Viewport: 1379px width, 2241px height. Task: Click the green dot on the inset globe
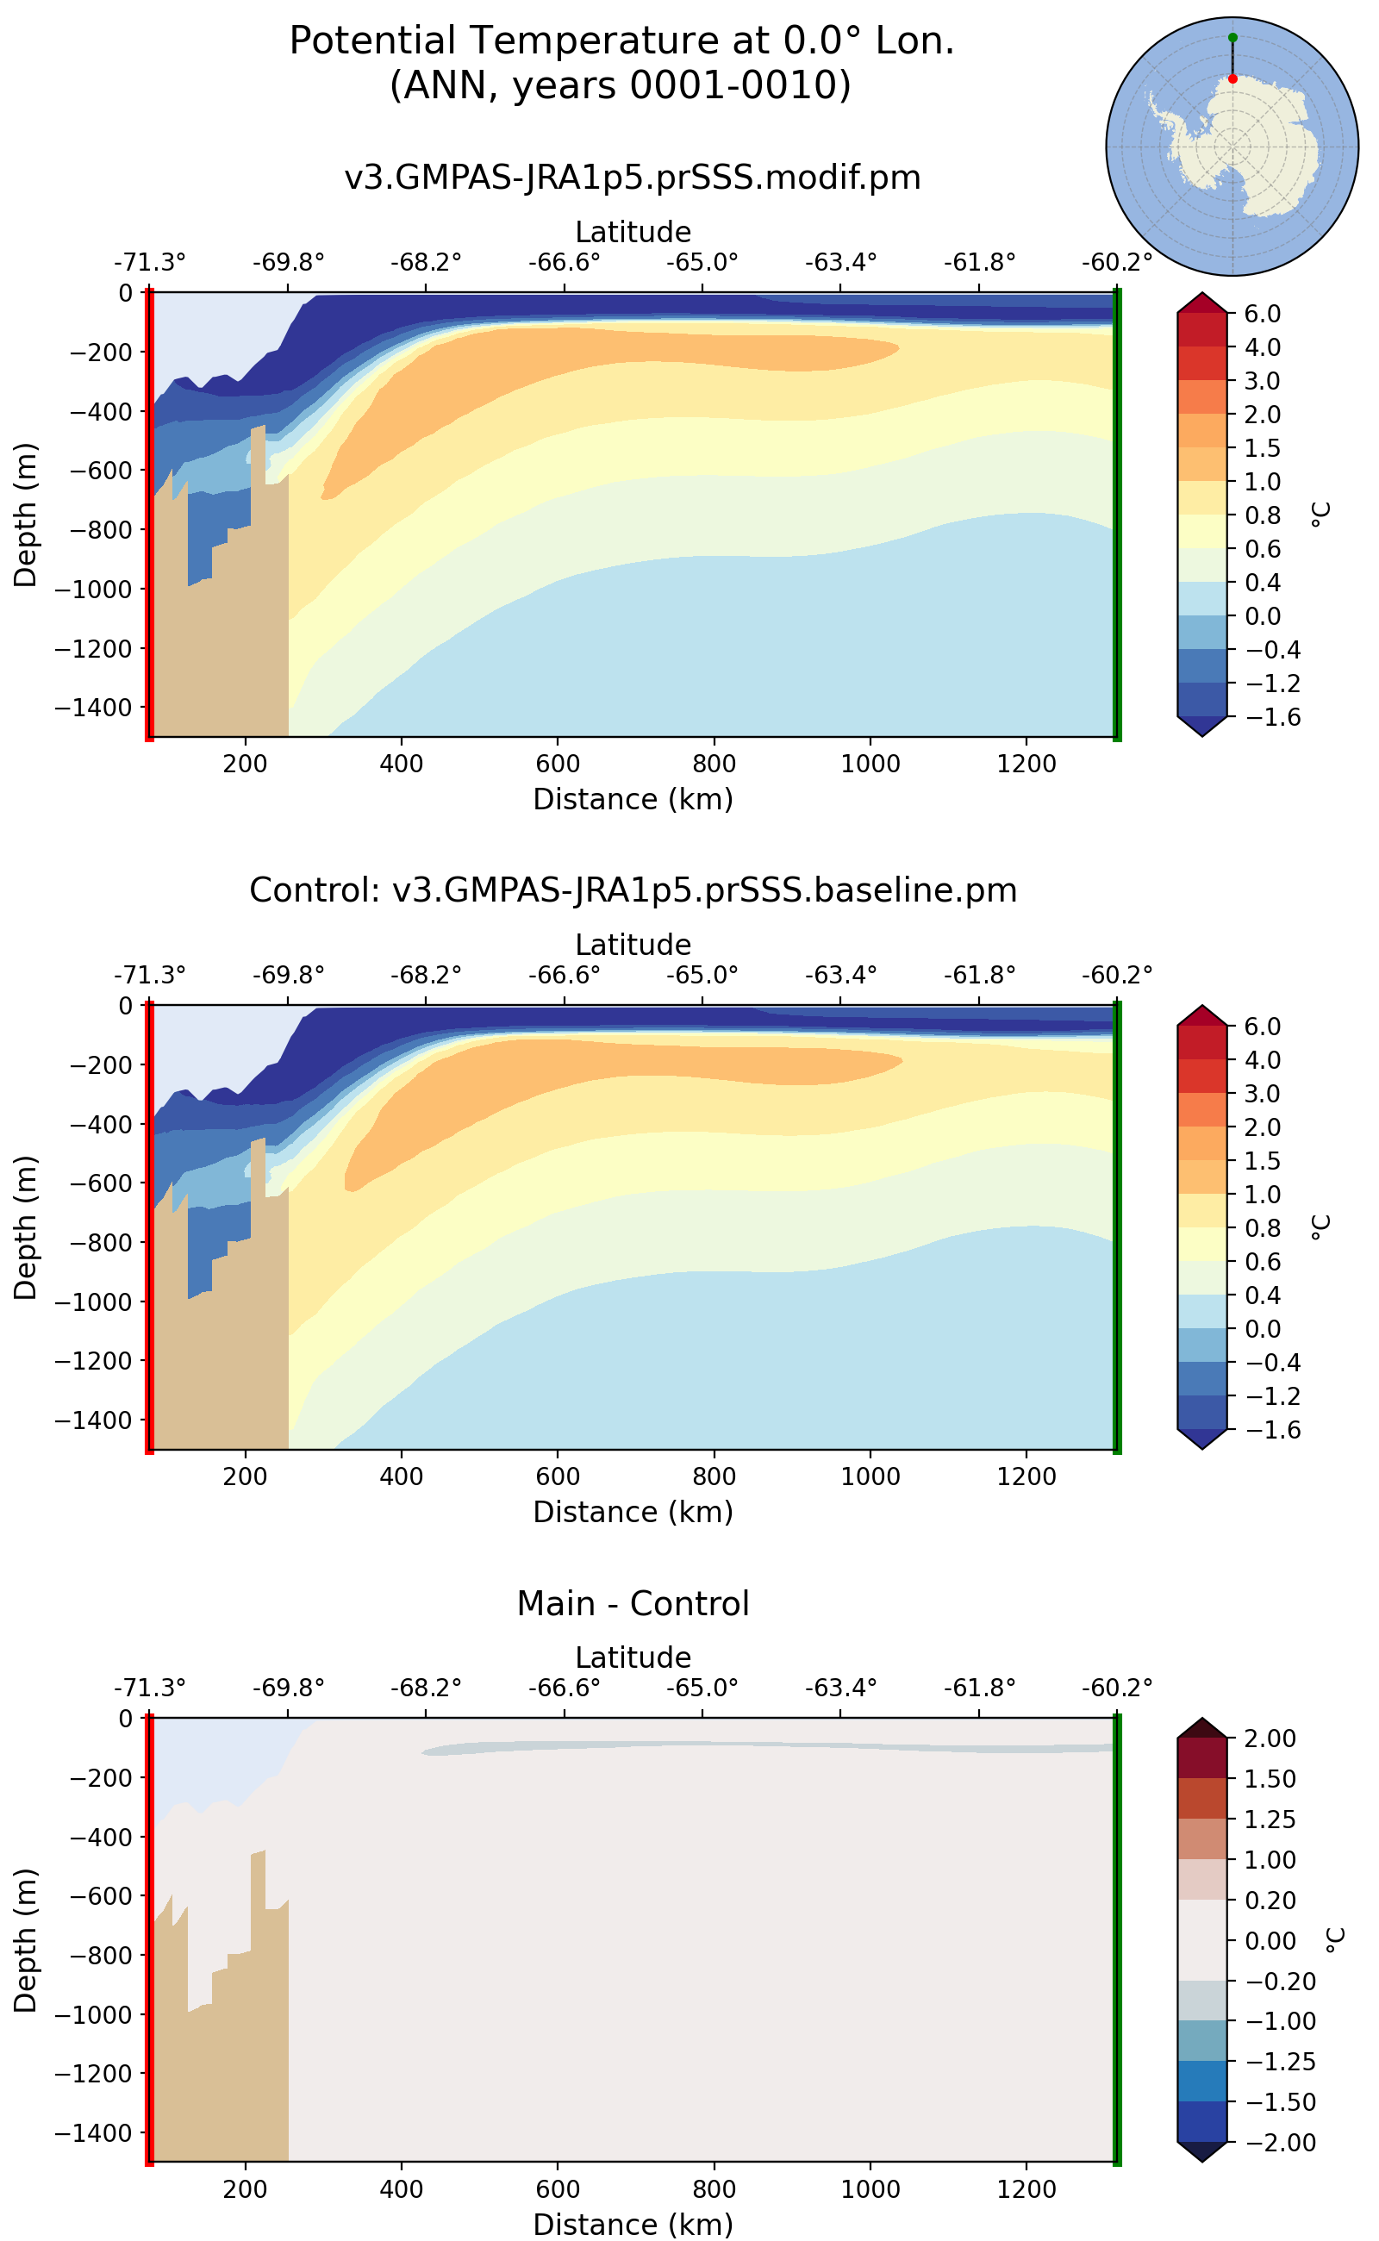pos(1232,37)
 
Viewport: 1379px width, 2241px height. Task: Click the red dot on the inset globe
pos(1232,78)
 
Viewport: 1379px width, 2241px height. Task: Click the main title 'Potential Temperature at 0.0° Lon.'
pos(621,41)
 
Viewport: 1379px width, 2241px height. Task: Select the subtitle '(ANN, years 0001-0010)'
pos(621,84)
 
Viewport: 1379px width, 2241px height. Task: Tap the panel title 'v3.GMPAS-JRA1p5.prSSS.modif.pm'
pos(632,177)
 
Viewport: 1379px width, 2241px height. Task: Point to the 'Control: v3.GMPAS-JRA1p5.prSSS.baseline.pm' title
pos(632,890)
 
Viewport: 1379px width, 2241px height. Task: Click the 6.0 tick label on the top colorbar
pos(1263,314)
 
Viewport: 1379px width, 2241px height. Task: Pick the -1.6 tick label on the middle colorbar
pos(1263,1429)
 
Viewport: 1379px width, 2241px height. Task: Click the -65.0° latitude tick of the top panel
pos(702,263)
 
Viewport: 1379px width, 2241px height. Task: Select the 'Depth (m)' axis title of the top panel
pos(26,515)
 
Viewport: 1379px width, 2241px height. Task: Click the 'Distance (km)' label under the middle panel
pos(632,1511)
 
